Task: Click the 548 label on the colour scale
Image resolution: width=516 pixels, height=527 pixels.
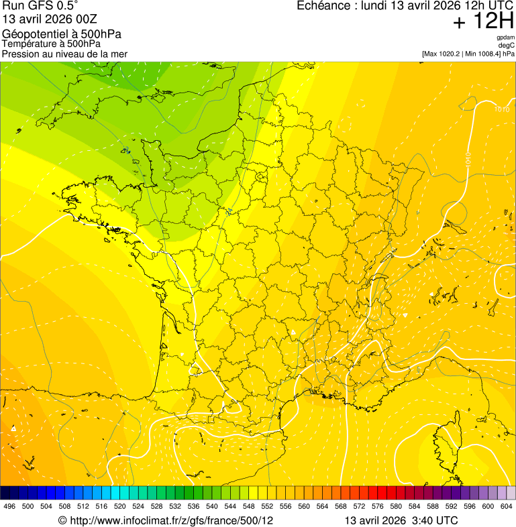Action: tap(248, 506)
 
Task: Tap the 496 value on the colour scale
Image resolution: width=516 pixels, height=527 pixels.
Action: tap(9, 506)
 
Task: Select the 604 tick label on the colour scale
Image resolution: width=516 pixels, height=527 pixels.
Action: tap(506, 506)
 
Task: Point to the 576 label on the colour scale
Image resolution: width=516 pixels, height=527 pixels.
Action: tap(377, 506)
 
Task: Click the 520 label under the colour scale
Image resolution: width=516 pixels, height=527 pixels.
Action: tap(120, 506)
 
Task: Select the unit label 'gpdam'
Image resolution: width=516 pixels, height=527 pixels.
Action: tap(505, 38)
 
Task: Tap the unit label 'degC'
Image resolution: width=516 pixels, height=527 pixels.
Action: tap(507, 45)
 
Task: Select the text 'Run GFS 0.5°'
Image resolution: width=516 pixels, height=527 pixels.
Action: tap(40, 6)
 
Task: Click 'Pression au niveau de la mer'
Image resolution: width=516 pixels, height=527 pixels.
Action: tap(64, 54)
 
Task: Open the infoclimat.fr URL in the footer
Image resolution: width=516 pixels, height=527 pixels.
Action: tap(171, 520)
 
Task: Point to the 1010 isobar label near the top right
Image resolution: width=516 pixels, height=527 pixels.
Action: tap(501, 109)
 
